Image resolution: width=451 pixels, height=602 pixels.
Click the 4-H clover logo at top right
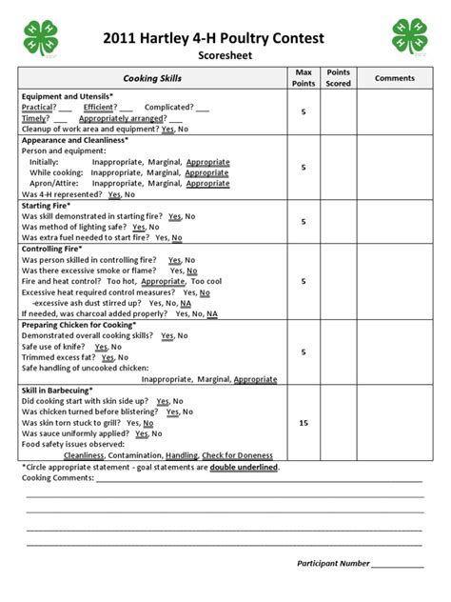point(411,38)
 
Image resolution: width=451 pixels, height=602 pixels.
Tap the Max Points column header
point(304,77)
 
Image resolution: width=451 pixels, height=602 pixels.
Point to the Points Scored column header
point(339,77)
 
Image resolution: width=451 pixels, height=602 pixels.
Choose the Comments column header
point(393,77)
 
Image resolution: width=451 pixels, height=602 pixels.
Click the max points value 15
point(304,423)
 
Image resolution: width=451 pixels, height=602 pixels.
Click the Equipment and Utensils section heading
point(68,97)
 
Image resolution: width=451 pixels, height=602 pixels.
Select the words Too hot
point(121,282)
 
